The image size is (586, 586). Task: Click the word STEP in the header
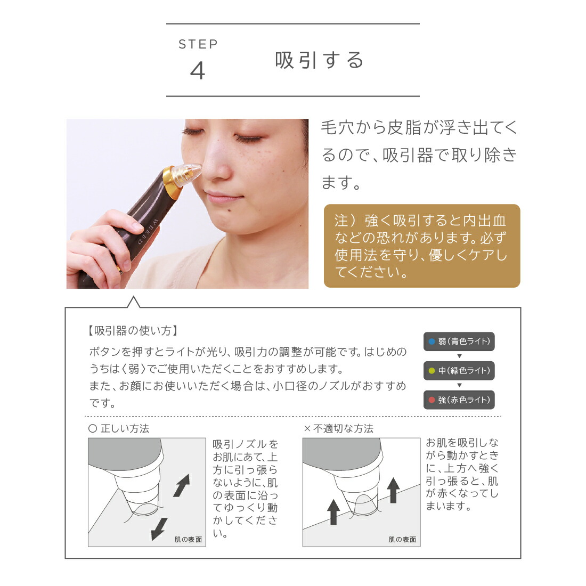click(x=198, y=44)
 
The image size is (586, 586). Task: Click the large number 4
click(x=198, y=71)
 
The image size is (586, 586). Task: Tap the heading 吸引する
click(x=320, y=60)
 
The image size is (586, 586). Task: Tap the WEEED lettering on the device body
click(x=145, y=230)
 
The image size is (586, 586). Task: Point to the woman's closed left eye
click(x=248, y=137)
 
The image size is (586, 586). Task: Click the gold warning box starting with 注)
click(x=421, y=246)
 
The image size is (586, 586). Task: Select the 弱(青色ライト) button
click(x=459, y=341)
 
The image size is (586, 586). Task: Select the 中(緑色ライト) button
click(x=459, y=371)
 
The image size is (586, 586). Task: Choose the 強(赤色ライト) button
click(x=459, y=400)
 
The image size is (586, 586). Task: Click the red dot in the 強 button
click(x=432, y=400)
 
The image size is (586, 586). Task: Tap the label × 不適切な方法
click(x=338, y=428)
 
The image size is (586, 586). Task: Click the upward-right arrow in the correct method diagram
click(x=182, y=485)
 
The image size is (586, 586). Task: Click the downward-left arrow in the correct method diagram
click(x=159, y=528)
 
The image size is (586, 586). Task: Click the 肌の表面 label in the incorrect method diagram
click(x=402, y=540)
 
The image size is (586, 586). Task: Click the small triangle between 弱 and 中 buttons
click(x=459, y=356)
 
